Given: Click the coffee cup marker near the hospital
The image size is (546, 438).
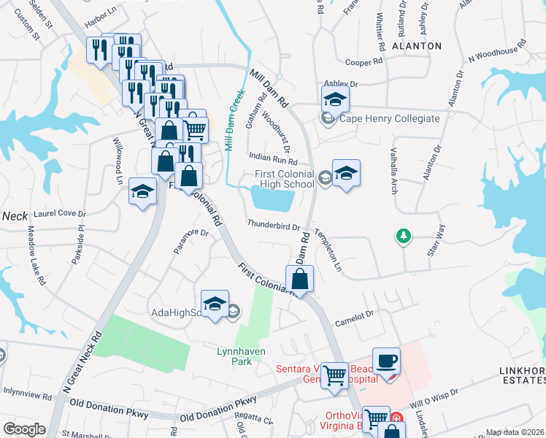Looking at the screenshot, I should tap(386, 361).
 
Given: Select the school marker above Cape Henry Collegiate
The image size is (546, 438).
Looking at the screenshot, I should tap(335, 99).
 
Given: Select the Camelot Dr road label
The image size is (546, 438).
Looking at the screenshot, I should tap(354, 314).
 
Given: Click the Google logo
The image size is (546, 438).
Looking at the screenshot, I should tap(24, 429).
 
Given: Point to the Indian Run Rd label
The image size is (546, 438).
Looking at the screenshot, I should tap(273, 158).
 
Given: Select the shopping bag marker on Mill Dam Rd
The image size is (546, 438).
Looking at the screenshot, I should tap(300, 278).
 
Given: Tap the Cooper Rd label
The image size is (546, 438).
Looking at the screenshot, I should tap(364, 64).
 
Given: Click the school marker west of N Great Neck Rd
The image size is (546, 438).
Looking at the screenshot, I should tap(143, 191).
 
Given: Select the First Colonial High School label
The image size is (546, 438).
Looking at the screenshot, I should tap(284, 179).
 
